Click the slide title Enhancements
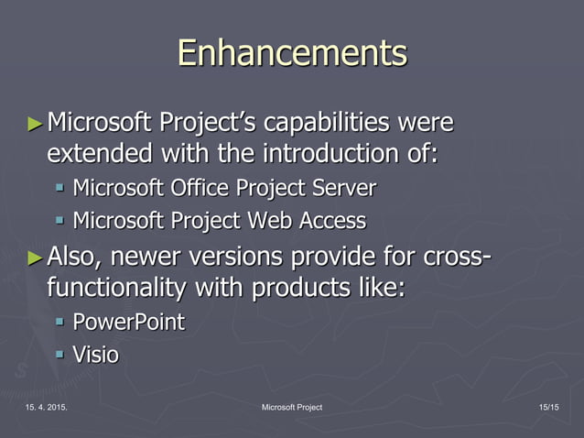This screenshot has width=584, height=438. pyautogui.click(x=292, y=52)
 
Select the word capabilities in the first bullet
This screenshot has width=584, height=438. pyautogui.click(x=314, y=122)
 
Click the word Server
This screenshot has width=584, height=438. pyautogui.click(x=342, y=189)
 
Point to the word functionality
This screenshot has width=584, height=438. pyautogui.click(x=118, y=287)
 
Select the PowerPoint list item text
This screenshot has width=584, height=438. pyautogui.click(x=128, y=323)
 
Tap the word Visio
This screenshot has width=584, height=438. pyautogui.click(x=95, y=354)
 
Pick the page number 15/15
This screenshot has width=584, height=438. pyautogui.click(x=550, y=407)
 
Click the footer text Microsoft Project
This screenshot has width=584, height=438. pyautogui.click(x=291, y=407)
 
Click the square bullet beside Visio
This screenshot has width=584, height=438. pyautogui.click(x=59, y=354)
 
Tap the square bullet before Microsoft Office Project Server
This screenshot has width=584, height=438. pyautogui.click(x=59, y=189)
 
